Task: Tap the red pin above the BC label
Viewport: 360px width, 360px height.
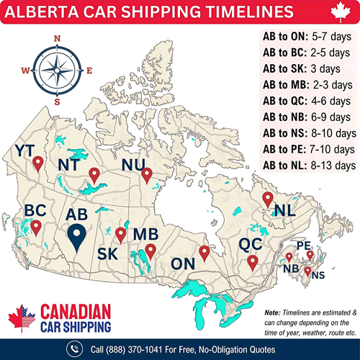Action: point(35,228)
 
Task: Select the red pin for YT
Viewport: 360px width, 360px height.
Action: point(37,163)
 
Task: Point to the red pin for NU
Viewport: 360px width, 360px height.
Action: point(147,175)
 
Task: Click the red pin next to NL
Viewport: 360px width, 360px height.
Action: point(268,199)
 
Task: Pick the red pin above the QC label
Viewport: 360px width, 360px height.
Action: point(253,262)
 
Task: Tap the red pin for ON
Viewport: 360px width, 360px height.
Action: point(204,253)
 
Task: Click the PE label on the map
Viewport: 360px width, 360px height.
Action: point(302,246)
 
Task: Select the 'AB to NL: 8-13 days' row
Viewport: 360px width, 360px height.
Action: point(310,166)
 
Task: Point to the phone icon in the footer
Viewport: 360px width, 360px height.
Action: point(74,349)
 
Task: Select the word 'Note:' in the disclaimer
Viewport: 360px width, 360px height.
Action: point(273,312)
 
